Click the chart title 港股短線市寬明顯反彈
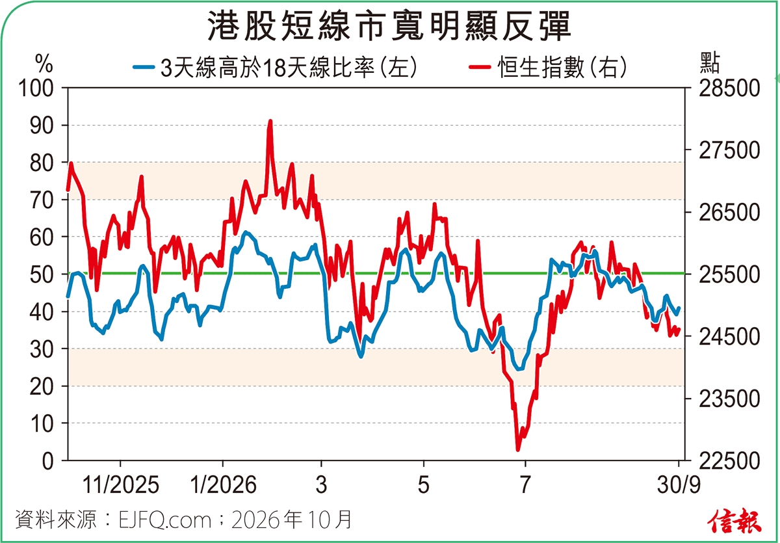tap(389, 26)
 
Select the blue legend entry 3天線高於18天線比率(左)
tap(275, 67)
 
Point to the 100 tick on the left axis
tap(36, 88)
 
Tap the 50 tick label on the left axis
tap(42, 274)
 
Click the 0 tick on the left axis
tap(48, 461)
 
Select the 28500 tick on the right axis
tap(729, 88)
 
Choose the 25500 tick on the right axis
tap(729, 274)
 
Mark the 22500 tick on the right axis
tap(729, 461)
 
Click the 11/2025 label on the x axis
tap(120, 484)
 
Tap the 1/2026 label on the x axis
tap(223, 484)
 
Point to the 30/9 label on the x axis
tap(679, 484)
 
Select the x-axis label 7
tap(525, 484)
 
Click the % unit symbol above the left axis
tap(44, 63)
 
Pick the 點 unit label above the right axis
tap(710, 62)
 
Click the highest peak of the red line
tap(270, 121)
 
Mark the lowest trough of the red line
tap(518, 450)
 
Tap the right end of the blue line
tap(679, 308)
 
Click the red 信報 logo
tap(734, 520)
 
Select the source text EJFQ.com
tap(165, 520)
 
